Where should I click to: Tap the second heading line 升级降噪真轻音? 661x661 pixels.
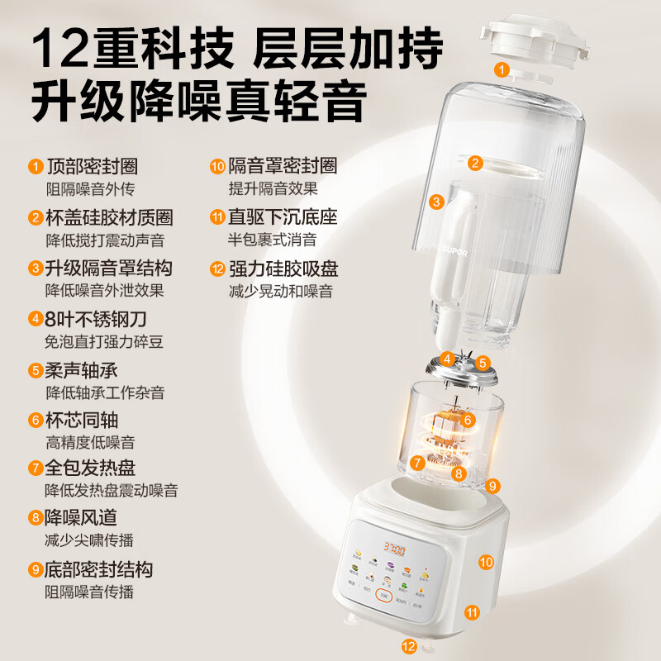point(198,103)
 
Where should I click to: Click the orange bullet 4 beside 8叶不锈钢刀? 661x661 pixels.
point(36,319)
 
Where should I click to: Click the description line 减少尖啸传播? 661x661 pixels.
point(88,540)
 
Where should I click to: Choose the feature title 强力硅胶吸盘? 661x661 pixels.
point(283,269)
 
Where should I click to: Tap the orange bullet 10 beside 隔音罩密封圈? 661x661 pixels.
point(217,167)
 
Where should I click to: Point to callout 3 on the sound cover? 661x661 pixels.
point(437,200)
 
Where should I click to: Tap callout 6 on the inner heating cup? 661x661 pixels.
point(468,419)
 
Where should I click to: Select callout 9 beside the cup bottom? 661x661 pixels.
point(492,485)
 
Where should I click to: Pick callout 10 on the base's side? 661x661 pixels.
point(487,562)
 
